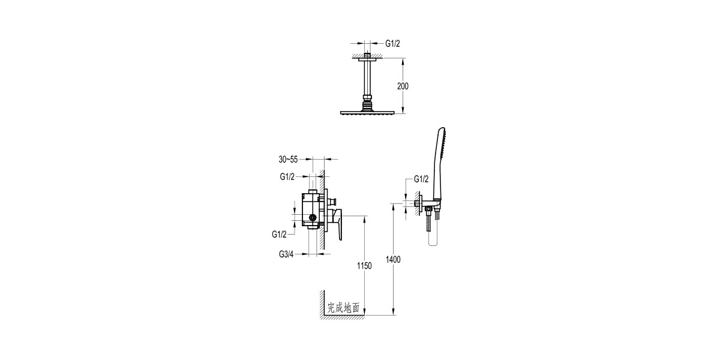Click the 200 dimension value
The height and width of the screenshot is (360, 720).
pyautogui.click(x=403, y=86)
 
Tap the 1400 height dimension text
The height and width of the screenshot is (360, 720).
pyautogui.click(x=394, y=259)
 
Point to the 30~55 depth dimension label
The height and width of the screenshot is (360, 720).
pyautogui.click(x=288, y=160)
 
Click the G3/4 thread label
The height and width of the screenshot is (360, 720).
pyautogui.click(x=287, y=254)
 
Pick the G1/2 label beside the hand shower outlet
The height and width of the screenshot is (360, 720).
pyautogui.click(x=422, y=179)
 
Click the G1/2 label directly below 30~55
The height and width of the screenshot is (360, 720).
pyautogui.click(x=287, y=177)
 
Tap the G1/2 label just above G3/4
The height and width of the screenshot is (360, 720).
pyautogui.click(x=280, y=233)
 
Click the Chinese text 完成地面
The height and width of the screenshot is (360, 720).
pyautogui.click(x=343, y=308)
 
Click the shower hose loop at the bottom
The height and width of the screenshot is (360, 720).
pyautogui.click(x=434, y=240)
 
